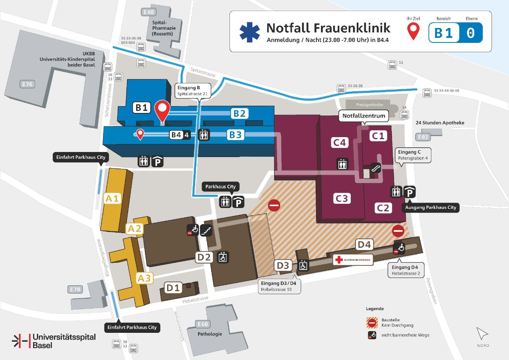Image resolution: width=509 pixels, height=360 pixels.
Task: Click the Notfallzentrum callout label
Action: pyautogui.click(x=364, y=115)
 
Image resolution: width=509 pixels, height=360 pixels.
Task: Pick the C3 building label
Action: pyautogui.click(x=341, y=198)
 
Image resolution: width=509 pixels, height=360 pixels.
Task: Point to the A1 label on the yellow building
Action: pyautogui.click(x=112, y=198)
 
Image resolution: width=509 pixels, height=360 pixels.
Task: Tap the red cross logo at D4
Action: pyautogui.click(x=339, y=260)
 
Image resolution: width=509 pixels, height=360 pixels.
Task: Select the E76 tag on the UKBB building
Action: pyautogui.click(x=28, y=84)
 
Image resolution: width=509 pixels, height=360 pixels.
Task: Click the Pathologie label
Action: pyautogui.click(x=210, y=334)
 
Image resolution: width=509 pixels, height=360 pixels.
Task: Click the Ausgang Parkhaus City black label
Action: pyautogui.click(x=431, y=208)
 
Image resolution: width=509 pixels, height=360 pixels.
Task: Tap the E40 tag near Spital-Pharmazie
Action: pyautogui.click(x=149, y=11)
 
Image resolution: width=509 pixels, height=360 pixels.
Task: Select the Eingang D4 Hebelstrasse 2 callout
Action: pyautogui.click(x=406, y=270)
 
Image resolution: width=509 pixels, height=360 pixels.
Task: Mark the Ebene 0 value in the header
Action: pyautogui.click(x=470, y=33)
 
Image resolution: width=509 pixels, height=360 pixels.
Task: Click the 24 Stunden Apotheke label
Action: pyautogui.click(x=440, y=123)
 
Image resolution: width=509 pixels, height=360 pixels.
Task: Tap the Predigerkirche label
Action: pyautogui.click(x=364, y=104)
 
